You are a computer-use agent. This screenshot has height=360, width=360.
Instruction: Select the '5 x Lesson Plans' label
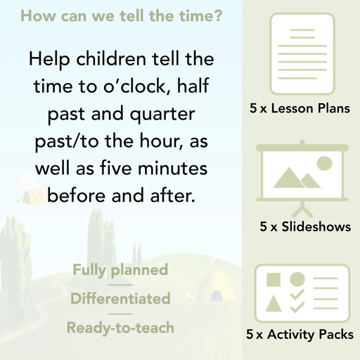click(300, 109)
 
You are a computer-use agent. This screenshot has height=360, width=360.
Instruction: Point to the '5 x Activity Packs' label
click(300, 335)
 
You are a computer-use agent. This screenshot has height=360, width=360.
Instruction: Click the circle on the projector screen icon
click(324, 164)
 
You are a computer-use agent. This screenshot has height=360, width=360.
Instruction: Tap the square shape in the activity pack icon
click(274, 279)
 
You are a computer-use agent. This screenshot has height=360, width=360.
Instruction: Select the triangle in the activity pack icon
click(274, 304)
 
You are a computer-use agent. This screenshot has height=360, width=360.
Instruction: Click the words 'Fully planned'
click(120, 270)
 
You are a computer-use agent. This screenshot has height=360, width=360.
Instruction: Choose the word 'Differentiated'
click(120, 299)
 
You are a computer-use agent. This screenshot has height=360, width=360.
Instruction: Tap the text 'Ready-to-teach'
click(120, 328)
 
